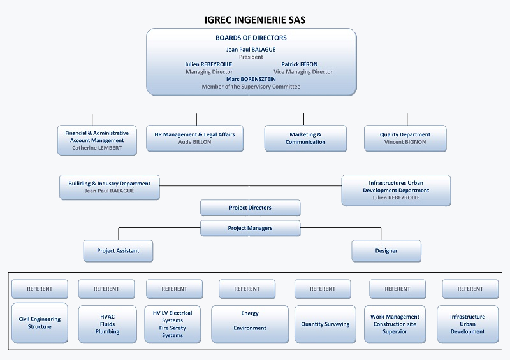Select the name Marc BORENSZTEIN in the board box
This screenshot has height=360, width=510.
coord(251,79)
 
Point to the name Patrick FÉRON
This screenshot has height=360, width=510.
coord(299,64)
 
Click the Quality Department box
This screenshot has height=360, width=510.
coord(405,138)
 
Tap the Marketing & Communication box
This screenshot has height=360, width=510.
coord(305,138)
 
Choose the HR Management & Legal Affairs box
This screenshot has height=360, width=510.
coord(194,138)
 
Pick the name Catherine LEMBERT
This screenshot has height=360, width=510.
coord(97,148)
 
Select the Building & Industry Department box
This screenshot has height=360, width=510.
coord(110,187)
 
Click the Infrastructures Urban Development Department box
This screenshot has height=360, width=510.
coord(396,190)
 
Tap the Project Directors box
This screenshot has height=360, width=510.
coord(250,208)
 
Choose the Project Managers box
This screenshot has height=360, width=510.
coord(250,228)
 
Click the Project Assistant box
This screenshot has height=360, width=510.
coord(118,250)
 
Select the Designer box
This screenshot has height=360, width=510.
coord(386,250)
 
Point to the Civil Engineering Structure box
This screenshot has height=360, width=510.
coord(40,322)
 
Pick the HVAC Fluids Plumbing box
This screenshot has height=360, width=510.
coord(107,324)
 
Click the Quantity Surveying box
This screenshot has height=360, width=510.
coord(325,324)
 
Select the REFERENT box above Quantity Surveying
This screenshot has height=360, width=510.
coord(323,289)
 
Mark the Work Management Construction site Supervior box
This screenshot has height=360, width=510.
coord(395,324)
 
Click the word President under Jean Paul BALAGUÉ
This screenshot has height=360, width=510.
coord(251,57)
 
